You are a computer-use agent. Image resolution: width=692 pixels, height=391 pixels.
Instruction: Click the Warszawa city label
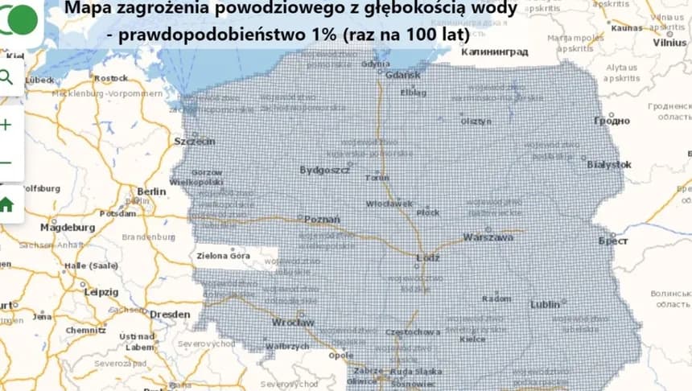tap(488, 238)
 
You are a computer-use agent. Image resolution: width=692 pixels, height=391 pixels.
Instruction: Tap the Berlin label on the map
tap(151, 191)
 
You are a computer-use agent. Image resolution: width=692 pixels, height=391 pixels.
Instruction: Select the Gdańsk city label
tap(403, 76)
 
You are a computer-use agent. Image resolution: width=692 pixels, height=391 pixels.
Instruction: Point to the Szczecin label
tap(195, 142)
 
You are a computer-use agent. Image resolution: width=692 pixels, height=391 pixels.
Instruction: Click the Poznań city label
tap(322, 219)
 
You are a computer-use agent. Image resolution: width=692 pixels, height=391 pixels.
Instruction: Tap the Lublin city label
tap(545, 304)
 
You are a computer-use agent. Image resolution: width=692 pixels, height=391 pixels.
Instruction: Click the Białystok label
tap(610, 164)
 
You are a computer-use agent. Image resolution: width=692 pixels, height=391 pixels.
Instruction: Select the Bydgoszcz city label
tap(324, 170)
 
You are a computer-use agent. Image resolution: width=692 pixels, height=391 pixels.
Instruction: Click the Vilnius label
tap(669, 43)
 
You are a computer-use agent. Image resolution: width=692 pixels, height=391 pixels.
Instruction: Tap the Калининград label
tap(494, 51)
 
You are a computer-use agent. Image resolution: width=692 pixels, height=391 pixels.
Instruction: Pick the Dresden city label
tap(170, 315)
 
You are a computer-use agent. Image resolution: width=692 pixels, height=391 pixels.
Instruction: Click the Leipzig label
tap(101, 292)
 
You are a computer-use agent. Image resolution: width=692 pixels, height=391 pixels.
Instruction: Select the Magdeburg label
tap(68, 228)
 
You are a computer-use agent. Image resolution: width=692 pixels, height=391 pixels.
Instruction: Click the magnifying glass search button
tap(6, 77)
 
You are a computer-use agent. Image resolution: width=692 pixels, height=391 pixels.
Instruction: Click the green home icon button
tap(6, 204)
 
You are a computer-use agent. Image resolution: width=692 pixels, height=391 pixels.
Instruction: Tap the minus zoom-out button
tap(6, 163)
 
